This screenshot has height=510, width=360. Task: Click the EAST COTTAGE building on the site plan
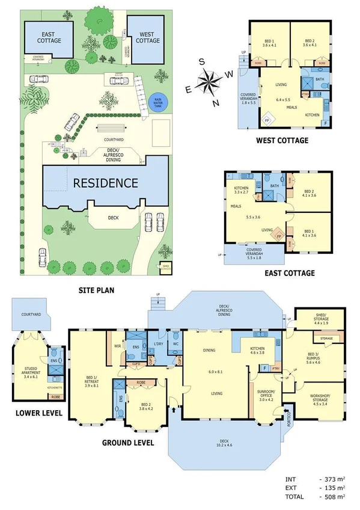coord(44,37)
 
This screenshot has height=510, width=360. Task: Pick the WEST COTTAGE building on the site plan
coord(146,37)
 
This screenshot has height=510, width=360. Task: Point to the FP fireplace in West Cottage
coord(266,120)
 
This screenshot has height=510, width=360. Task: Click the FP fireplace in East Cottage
coord(279,236)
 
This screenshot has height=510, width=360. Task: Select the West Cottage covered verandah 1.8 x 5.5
coord(248,98)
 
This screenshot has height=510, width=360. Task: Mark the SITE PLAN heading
coord(96,290)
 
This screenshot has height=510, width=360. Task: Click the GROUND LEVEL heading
coord(128,442)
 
